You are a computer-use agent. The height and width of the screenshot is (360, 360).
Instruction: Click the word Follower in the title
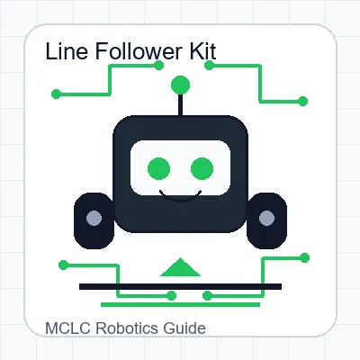[139, 51]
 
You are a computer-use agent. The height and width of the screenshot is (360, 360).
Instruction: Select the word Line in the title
[67, 51]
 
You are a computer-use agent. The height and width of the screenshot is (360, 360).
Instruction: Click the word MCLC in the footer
[67, 328]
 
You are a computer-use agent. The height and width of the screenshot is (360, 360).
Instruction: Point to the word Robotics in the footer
[127, 328]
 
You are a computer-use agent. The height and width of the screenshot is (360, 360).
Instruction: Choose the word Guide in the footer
[184, 328]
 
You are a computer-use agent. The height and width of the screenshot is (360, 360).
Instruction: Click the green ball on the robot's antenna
[180, 85]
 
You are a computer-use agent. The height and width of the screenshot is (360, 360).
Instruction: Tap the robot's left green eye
[159, 168]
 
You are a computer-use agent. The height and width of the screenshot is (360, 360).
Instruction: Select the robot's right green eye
[202, 168]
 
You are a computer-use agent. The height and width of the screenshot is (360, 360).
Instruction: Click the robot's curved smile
[180, 199]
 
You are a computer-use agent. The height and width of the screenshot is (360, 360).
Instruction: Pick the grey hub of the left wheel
[94, 218]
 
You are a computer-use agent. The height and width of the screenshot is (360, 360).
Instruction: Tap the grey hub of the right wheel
[266, 218]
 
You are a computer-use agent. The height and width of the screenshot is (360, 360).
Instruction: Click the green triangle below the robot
[180, 268]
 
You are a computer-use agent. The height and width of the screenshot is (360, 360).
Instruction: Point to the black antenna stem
[180, 105]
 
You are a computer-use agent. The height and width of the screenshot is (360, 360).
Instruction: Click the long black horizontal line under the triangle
[180, 286]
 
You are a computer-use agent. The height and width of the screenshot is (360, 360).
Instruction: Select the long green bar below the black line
[180, 305]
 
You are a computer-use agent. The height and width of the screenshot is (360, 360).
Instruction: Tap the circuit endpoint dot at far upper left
[56, 94]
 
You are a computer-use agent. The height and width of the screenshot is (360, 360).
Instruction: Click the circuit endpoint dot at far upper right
[302, 102]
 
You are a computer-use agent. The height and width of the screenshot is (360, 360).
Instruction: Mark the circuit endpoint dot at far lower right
[304, 258]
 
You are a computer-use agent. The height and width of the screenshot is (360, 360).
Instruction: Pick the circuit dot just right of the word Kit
[209, 65]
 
